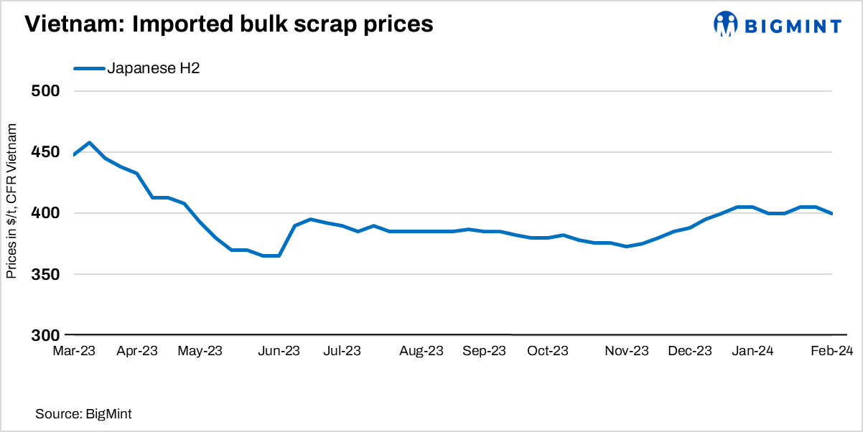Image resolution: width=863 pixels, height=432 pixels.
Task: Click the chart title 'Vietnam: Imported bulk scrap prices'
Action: pyautogui.click(x=229, y=24)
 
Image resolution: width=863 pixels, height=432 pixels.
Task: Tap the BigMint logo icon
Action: pyautogui.click(x=725, y=24)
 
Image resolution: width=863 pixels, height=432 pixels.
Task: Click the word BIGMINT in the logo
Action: pyautogui.click(x=792, y=27)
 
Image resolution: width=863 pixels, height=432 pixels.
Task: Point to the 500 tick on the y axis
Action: pyautogui.click(x=46, y=91)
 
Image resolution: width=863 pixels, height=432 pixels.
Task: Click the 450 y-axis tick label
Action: pyautogui.click(x=46, y=152)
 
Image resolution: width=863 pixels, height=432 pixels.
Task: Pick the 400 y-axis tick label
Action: pyautogui.click(x=46, y=213)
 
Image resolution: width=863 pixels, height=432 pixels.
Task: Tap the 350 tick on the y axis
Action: pyautogui.click(x=46, y=274)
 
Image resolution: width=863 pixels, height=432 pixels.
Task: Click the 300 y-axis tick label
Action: pyautogui.click(x=46, y=335)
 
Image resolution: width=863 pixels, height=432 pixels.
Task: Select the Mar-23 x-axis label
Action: pyautogui.click(x=74, y=351)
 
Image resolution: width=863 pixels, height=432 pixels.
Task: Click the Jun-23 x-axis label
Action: pyautogui.click(x=279, y=351)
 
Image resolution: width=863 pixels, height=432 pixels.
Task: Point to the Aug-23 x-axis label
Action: pyautogui.click(x=421, y=351)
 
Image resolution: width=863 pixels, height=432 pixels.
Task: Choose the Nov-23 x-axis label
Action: pyautogui.click(x=627, y=351)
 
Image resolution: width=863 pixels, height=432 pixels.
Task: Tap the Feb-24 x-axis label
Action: pyautogui.click(x=831, y=351)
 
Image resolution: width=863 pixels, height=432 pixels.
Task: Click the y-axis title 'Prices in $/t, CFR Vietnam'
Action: pyautogui.click(x=12, y=200)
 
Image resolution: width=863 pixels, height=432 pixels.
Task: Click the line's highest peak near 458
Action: pyautogui.click(x=89, y=143)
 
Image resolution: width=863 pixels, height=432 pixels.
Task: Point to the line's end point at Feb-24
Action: pyautogui.click(x=831, y=213)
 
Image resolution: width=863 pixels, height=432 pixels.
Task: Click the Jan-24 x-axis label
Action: pyautogui.click(x=753, y=351)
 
